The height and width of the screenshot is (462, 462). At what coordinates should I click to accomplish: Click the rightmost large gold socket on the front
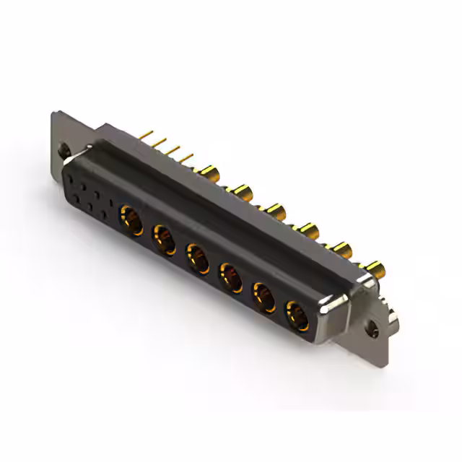(297, 315)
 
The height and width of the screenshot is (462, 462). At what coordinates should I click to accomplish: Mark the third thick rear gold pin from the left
(275, 211)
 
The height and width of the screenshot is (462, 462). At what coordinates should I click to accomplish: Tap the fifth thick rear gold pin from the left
(341, 250)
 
